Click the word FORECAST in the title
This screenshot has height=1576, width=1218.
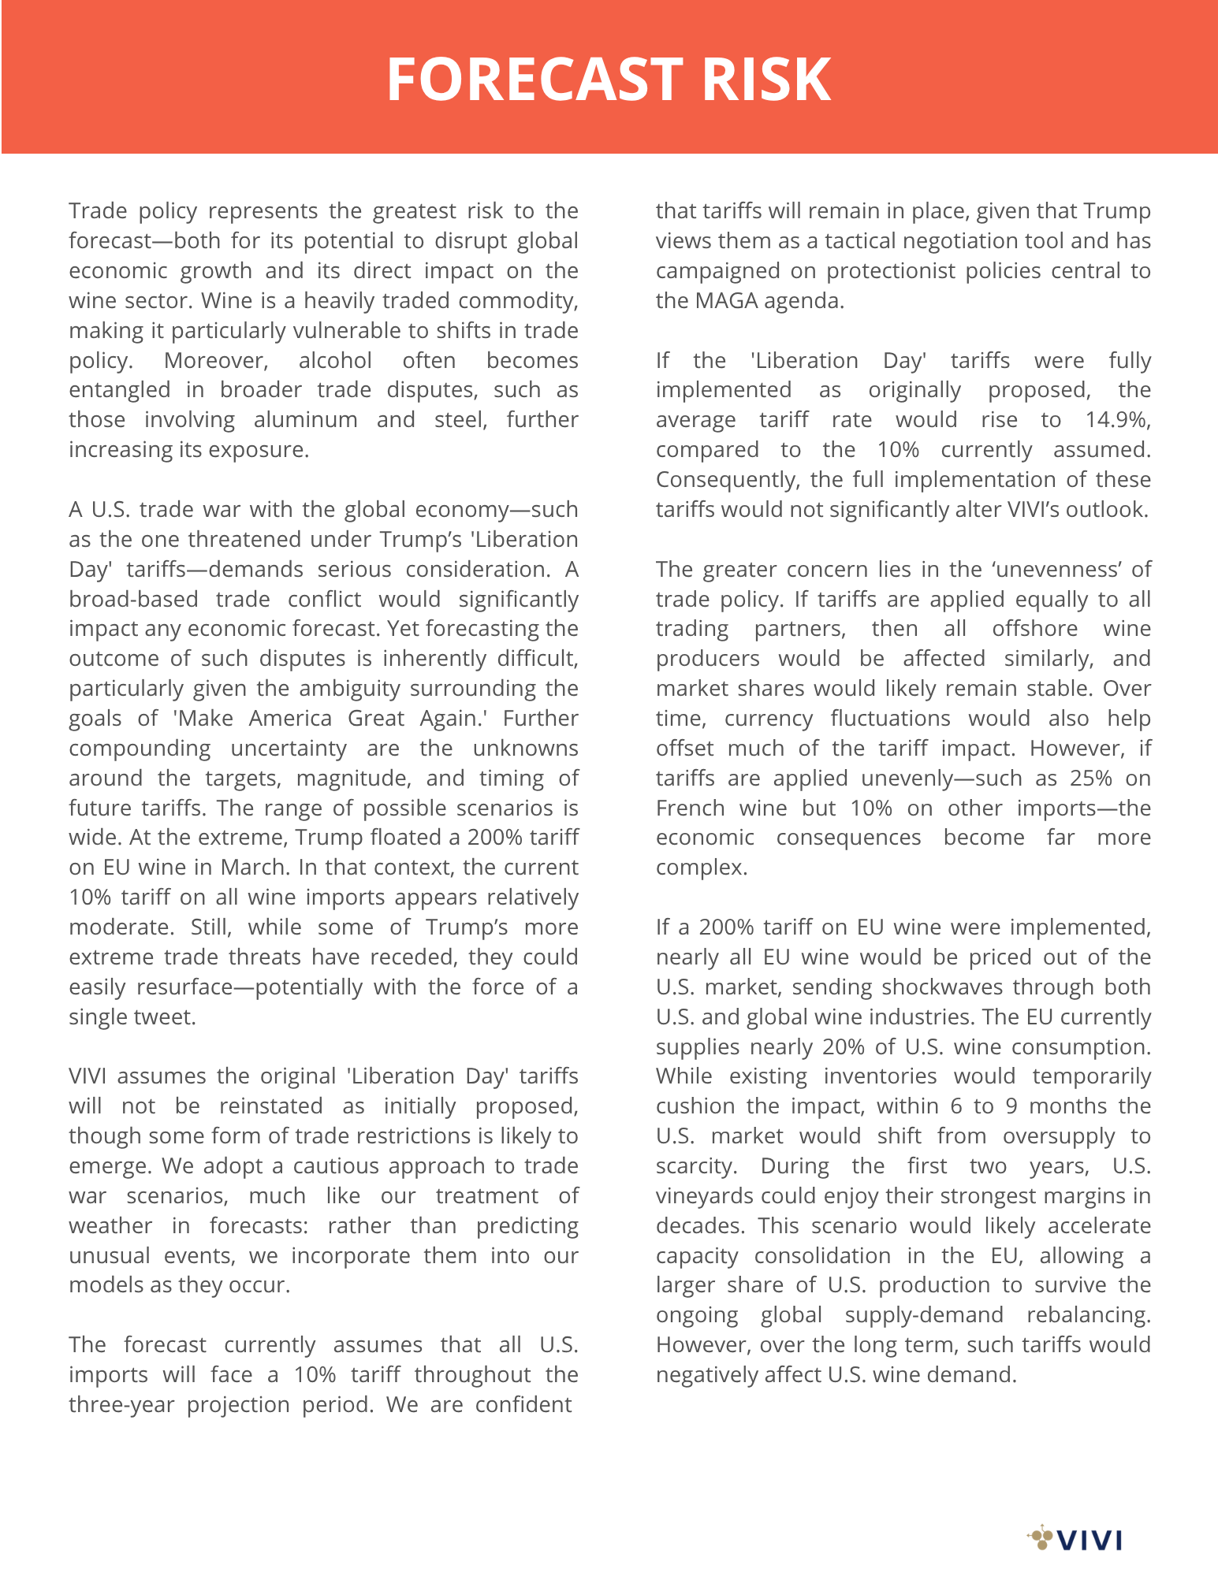click(535, 80)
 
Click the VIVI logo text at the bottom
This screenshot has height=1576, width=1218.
click(1089, 1540)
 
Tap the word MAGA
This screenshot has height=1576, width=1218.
click(723, 301)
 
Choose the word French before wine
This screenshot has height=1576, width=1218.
click(690, 808)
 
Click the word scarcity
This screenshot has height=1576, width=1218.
click(695, 1166)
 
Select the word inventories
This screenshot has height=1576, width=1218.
click(880, 1076)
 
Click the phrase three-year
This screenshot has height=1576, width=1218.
click(121, 1405)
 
